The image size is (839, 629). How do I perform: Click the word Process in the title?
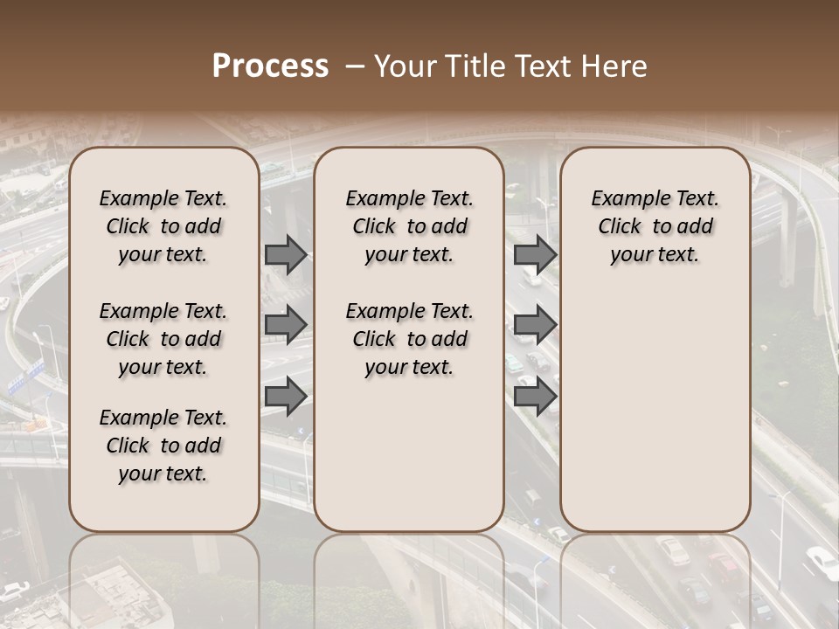point(270,66)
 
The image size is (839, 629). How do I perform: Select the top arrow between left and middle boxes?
point(286,254)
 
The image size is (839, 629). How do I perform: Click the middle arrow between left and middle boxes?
point(286,325)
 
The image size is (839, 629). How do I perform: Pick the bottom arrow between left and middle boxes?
point(286,396)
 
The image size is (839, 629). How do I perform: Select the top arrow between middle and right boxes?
point(535,254)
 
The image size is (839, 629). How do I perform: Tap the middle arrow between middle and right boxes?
point(535,325)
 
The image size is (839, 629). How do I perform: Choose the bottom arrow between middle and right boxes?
point(535,396)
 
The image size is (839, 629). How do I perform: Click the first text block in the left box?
point(163,226)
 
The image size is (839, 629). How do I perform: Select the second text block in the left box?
point(163,339)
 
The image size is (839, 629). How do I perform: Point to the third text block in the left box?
point(163,446)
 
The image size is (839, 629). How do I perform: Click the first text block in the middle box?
point(409,226)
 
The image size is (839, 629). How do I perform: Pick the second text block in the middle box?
point(409,339)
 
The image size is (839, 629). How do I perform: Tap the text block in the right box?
point(655,226)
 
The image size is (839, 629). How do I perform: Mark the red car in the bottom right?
point(725,567)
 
